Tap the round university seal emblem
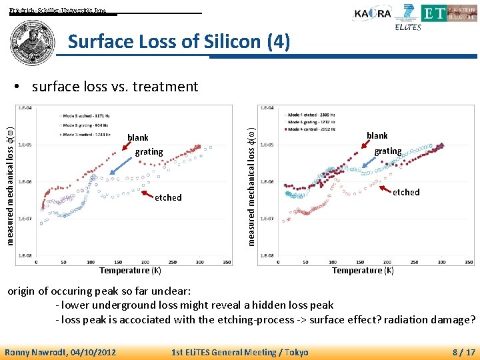tap(29, 40)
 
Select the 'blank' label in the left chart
tap(137, 138)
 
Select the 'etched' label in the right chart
tap(405, 192)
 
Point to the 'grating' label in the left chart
tap(149, 152)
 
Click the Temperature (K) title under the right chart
tap(363, 271)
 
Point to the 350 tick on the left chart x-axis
tap(226, 262)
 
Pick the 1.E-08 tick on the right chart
tap(266, 255)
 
